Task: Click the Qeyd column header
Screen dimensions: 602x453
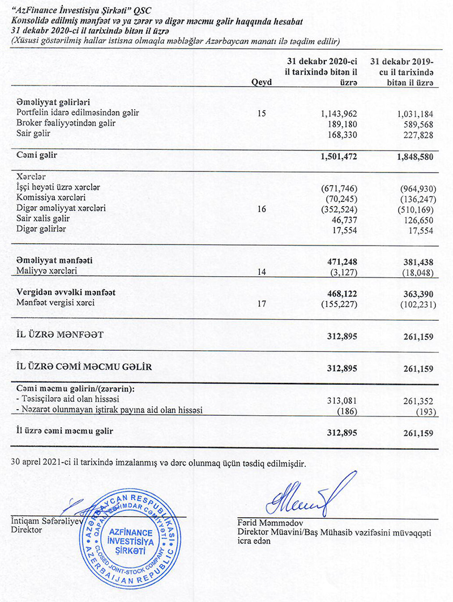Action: (x=261, y=82)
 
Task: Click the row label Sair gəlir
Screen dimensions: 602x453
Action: (x=33, y=134)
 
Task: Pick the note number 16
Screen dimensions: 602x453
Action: (x=261, y=209)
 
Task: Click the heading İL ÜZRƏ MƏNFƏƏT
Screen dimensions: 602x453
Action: (x=61, y=336)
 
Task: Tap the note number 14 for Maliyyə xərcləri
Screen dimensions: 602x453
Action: (x=261, y=272)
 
